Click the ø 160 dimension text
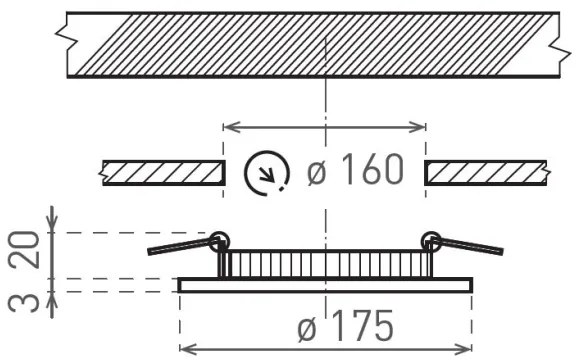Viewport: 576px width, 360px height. pyautogui.click(x=355, y=172)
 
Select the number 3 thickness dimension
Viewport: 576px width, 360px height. pyautogui.click(x=31, y=295)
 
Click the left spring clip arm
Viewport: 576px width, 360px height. pyautogui.click(x=180, y=245)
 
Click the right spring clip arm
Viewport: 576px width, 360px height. pyautogui.click(x=470, y=245)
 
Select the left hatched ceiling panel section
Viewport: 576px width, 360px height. pyautogui.click(x=163, y=172)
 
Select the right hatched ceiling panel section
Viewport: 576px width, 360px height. pyautogui.click(x=486, y=172)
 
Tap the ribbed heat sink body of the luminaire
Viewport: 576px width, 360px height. pyautogui.click(x=325, y=265)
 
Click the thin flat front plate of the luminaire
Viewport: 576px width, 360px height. pyautogui.click(x=325, y=285)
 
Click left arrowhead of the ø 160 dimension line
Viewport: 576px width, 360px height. pyautogui.click(x=227, y=127)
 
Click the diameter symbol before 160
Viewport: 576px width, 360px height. pyautogui.click(x=317, y=172)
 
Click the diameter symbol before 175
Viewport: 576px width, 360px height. pyautogui.click(x=310, y=327)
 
